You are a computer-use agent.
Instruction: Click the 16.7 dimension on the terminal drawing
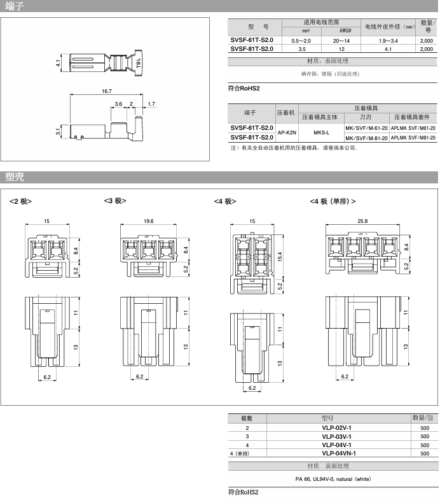[107, 91]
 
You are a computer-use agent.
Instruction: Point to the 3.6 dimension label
[118, 104]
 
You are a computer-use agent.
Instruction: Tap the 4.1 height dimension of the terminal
[58, 63]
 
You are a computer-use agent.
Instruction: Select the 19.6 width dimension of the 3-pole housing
[148, 221]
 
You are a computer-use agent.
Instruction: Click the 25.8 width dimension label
[362, 221]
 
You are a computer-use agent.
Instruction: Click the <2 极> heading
[20, 201]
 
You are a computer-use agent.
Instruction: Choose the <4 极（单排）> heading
[333, 201]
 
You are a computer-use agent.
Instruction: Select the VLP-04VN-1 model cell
[339, 453]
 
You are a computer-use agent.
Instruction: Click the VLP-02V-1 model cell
[336, 427]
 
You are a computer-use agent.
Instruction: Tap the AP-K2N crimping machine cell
[287, 132]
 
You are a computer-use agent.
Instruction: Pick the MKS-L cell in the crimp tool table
[321, 132]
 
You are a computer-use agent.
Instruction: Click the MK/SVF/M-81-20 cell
[366, 138]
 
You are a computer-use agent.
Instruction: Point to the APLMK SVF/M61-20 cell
[413, 128]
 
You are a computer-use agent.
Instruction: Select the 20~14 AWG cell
[341, 41]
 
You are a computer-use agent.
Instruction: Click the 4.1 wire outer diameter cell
[388, 49]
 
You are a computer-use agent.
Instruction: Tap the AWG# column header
[345, 31]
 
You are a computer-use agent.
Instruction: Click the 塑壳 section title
[15, 176]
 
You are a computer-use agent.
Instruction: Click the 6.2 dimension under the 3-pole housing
[139, 376]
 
